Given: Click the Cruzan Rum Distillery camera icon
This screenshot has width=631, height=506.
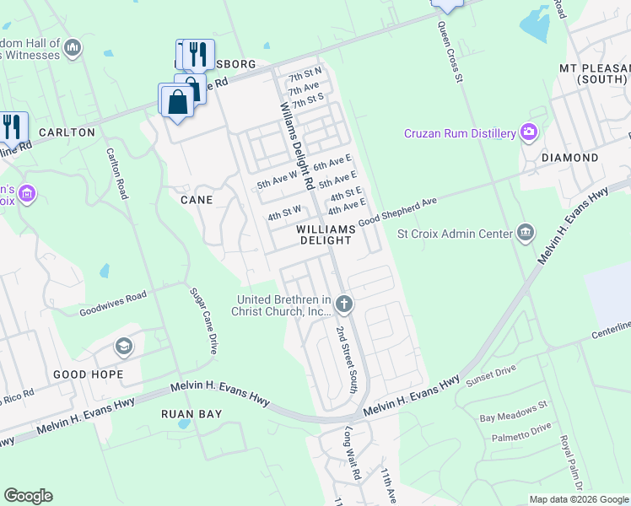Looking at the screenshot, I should [529, 132].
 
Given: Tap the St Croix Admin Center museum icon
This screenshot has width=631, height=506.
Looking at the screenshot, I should [526, 232].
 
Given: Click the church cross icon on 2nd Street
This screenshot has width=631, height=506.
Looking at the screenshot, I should [343, 303].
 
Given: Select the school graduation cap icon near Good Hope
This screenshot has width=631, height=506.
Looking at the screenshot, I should [124, 347].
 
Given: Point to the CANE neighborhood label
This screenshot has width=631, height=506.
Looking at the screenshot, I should [196, 200].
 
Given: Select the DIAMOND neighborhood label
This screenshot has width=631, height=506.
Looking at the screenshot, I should [569, 158].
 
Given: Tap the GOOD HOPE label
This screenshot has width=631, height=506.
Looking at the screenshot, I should [88, 374].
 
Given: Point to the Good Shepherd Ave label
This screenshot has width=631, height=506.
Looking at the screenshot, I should [398, 212].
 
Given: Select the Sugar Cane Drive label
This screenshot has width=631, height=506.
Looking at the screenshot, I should [202, 320].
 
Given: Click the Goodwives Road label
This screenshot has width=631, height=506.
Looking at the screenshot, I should [113, 304].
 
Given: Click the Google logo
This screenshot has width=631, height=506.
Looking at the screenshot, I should [28, 496].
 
